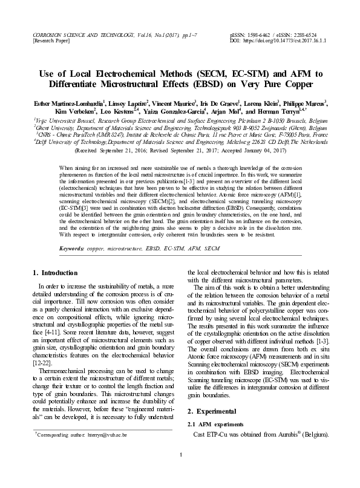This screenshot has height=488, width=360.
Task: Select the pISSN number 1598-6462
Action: point(261,36)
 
